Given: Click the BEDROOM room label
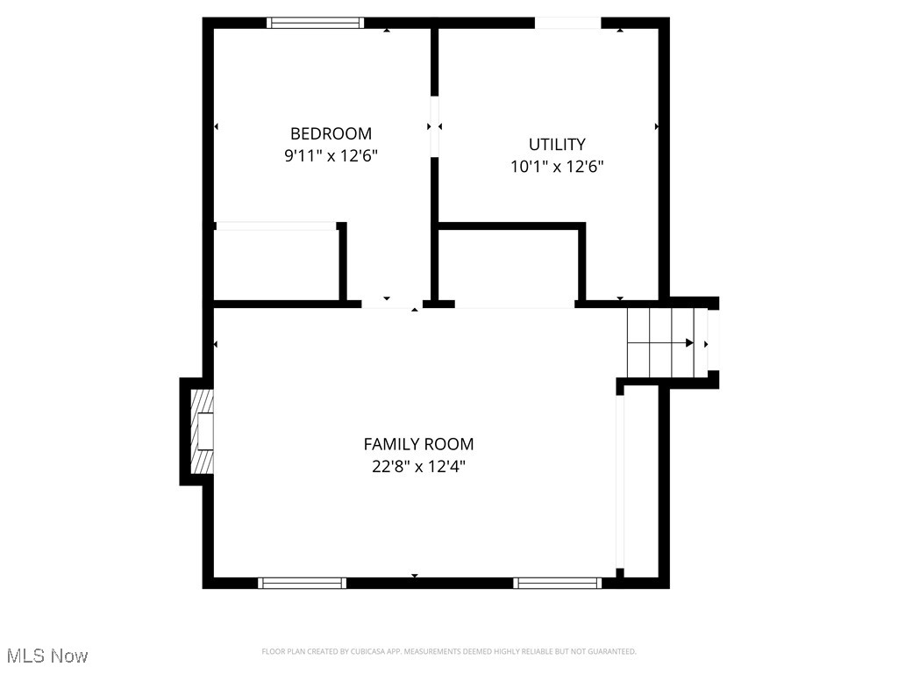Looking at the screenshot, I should tap(331, 133).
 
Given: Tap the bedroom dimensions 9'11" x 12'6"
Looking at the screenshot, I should tap(331, 155).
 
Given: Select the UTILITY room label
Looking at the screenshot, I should tap(557, 144).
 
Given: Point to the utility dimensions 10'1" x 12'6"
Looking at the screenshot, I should tap(557, 166).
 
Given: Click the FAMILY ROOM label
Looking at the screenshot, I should tap(418, 444).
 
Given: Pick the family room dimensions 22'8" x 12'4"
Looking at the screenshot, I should tap(418, 466).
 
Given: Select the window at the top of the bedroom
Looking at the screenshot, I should tap(316, 23).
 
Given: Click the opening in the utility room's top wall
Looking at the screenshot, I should tap(568, 23).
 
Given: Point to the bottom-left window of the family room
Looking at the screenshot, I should tap(302, 583).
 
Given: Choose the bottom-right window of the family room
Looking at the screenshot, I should tap(558, 583).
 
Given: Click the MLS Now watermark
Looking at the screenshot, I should tap(47, 656).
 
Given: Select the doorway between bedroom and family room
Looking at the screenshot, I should tap(391, 304).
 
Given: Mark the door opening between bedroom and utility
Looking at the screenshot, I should tap(433, 125).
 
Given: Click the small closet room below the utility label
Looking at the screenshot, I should tap(509, 267).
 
